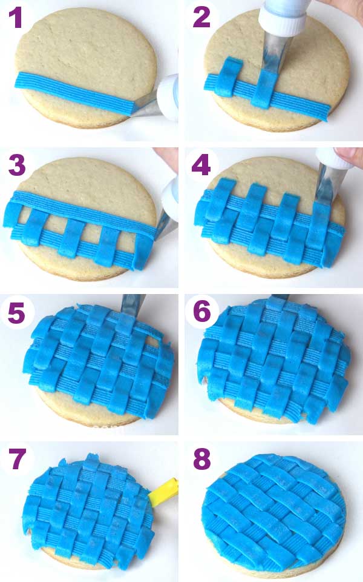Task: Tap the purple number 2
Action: (201, 18)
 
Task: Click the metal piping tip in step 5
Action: (132, 303)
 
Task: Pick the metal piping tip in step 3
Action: (163, 224)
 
